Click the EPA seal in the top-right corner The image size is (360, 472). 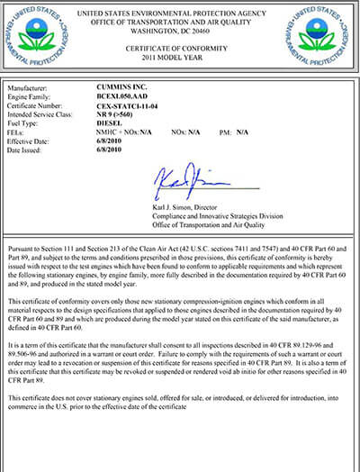click(x=322, y=33)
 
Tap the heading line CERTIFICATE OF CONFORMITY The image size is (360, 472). click(x=179, y=46)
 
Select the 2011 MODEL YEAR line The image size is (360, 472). click(x=179, y=56)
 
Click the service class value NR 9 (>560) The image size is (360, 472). click(x=116, y=114)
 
